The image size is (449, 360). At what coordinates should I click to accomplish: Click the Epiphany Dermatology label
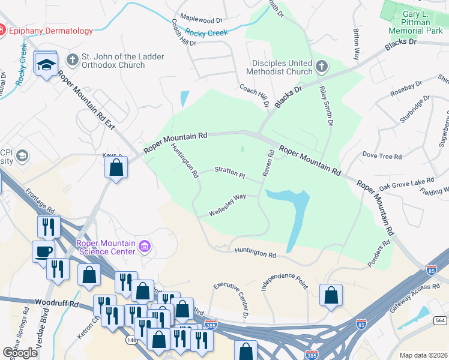[x=51, y=31]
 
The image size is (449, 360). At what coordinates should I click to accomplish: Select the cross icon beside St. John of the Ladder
[x=73, y=60]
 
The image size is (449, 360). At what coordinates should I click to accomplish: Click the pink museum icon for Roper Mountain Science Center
[x=144, y=246]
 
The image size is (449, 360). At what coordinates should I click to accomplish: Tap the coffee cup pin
[x=43, y=251]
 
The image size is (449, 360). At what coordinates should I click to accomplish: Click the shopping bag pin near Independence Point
[x=331, y=295]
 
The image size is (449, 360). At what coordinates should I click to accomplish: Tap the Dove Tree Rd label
[x=382, y=155]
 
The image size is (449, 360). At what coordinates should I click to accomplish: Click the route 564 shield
[x=440, y=320]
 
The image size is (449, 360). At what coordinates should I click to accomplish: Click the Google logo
[x=20, y=353]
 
